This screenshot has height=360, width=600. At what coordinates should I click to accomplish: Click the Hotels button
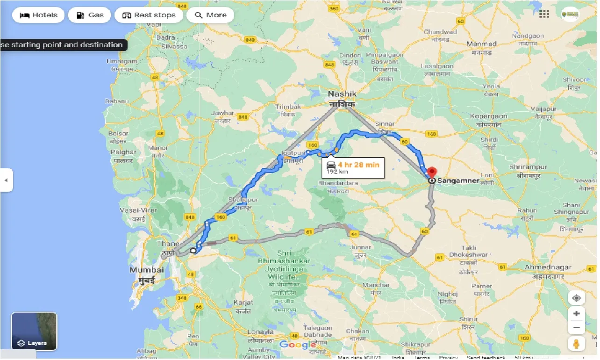pyautogui.click(x=38, y=15)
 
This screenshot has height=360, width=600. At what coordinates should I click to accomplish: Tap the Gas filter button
pyautogui.click(x=89, y=15)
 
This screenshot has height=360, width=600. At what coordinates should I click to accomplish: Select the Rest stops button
pyautogui.click(x=149, y=15)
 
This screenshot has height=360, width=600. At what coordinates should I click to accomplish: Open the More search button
pyautogui.click(x=210, y=15)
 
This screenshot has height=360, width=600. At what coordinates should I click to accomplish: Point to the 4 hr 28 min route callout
pyautogui.click(x=353, y=167)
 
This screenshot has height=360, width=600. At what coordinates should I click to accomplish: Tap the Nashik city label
pyautogui.click(x=342, y=99)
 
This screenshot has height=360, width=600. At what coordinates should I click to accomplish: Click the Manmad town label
pyautogui.click(x=481, y=48)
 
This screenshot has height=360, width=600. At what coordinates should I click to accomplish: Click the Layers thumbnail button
pyautogui.click(x=34, y=331)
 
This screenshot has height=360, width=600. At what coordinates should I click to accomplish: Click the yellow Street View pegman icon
pyautogui.click(x=576, y=343)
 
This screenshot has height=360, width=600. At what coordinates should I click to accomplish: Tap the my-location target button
pyautogui.click(x=576, y=298)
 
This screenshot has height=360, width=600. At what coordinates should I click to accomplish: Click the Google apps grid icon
pyautogui.click(x=544, y=14)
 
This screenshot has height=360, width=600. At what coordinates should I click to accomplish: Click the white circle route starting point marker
pyautogui.click(x=193, y=250)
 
